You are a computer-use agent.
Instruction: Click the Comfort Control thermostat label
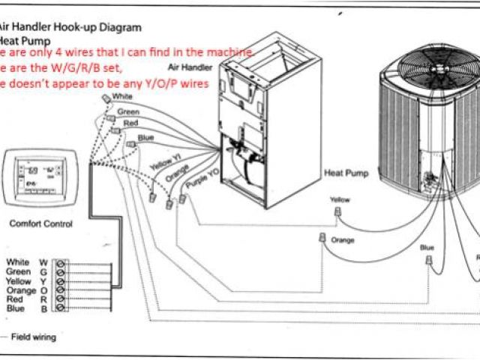point(41,223)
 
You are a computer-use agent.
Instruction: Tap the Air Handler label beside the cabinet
point(197,67)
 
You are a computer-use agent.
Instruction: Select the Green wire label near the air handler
point(128,112)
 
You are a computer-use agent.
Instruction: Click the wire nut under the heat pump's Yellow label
point(337,214)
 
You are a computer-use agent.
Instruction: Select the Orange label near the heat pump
point(342,240)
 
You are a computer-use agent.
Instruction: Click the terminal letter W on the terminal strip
point(43,262)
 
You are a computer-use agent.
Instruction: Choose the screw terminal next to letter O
point(60,290)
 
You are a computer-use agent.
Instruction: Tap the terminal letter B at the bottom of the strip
point(43,308)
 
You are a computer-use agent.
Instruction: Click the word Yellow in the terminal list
point(18,280)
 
